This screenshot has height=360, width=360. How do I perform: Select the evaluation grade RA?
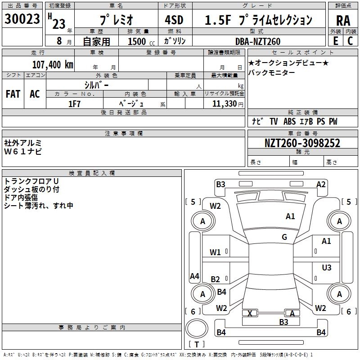tap(343, 21)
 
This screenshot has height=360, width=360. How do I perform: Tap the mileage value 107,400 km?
tap(53, 64)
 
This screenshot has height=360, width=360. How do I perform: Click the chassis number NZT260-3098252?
tap(302, 144)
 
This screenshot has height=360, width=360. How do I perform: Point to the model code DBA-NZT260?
tap(257, 41)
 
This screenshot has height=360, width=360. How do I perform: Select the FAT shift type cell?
tap(13, 94)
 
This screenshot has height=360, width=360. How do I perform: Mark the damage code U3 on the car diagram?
tap(327, 268)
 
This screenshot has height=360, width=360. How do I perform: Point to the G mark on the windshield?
tap(284, 237)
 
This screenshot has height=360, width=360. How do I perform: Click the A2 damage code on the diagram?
tap(321, 184)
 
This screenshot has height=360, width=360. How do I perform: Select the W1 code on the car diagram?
tap(216, 252)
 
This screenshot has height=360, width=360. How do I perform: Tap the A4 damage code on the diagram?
tap(194, 276)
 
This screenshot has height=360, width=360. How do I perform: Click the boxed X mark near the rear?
tap(250, 313)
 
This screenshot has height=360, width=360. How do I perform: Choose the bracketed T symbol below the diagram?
tap(196, 345)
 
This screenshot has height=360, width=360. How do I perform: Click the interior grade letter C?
tap(350, 41)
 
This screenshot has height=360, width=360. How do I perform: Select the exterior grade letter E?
tap(336, 41)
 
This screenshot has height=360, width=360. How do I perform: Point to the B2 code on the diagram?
tap(216, 279)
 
